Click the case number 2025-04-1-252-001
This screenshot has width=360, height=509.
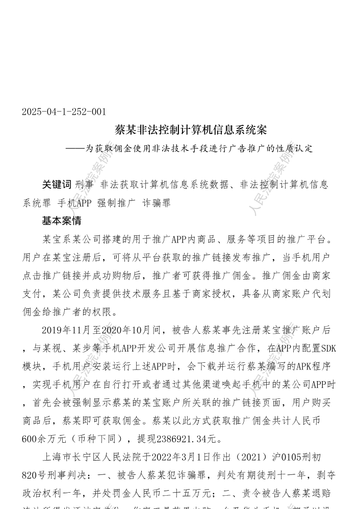(64, 112)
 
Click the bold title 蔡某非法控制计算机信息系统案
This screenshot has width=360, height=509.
(191, 130)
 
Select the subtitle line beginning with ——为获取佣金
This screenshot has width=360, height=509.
(191, 149)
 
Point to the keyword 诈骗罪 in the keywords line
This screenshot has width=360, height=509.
(156, 203)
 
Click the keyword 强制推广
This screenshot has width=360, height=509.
(116, 203)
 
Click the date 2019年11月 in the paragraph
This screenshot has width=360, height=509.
(67, 330)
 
